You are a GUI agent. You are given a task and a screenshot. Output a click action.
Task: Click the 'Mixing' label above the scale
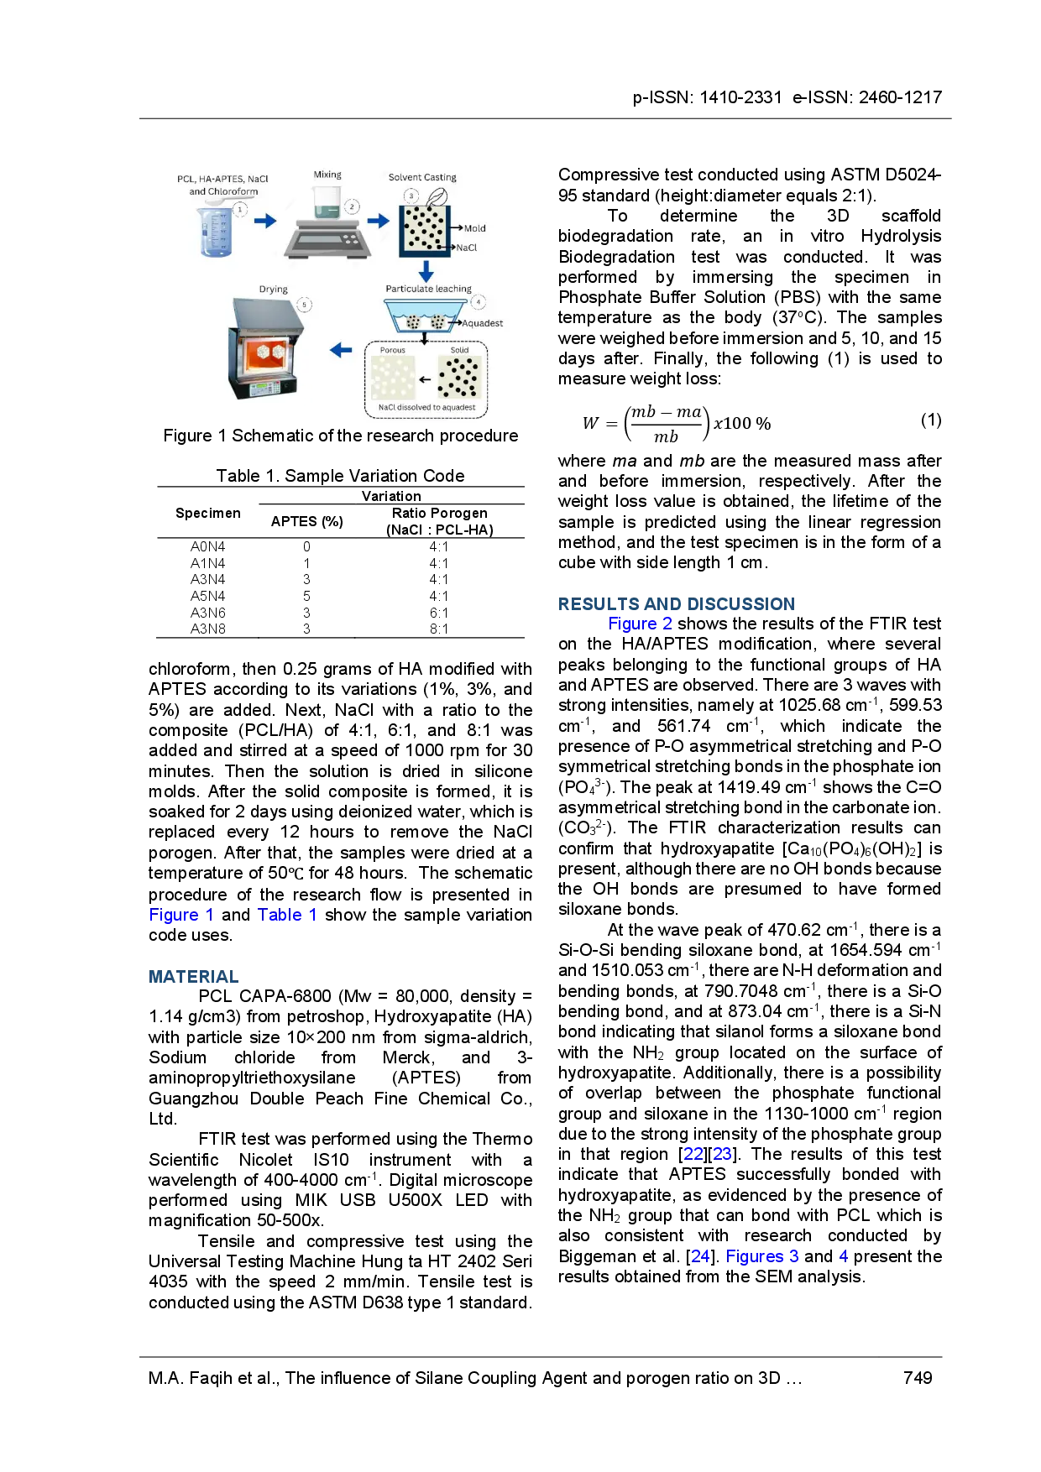click(327, 175)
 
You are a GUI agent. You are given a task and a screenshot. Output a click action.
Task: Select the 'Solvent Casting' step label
click(422, 177)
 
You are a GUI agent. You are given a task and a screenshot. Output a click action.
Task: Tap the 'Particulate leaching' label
click(428, 289)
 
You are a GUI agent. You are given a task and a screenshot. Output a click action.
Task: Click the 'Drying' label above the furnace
click(273, 290)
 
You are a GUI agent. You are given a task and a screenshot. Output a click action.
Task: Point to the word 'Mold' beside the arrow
click(474, 228)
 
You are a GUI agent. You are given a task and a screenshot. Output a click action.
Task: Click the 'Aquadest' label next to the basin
click(483, 323)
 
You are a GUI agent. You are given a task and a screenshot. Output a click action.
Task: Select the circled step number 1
click(240, 210)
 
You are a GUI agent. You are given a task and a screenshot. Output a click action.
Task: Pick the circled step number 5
click(305, 305)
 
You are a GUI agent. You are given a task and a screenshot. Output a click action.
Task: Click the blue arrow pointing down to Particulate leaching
click(426, 271)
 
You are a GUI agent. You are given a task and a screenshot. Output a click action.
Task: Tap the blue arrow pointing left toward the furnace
click(341, 350)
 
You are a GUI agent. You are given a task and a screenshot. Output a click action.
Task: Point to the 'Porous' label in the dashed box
click(392, 350)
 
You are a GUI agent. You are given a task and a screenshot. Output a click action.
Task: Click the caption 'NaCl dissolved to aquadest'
click(426, 408)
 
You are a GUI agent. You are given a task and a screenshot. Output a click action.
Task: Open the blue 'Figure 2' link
click(639, 623)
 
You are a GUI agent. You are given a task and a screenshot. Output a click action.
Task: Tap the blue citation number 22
click(693, 1153)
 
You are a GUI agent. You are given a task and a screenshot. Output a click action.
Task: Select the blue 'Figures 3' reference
click(762, 1255)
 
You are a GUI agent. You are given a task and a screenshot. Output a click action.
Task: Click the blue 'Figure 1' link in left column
click(180, 915)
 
